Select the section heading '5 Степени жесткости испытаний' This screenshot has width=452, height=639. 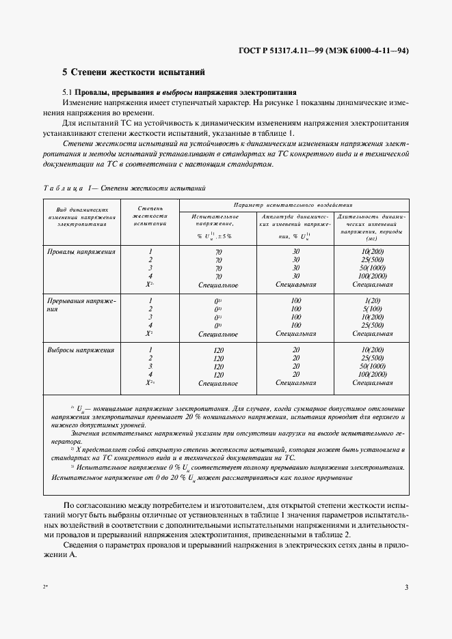[133, 72]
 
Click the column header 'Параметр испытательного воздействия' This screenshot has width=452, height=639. [293, 204]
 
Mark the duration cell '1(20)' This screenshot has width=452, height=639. [372, 301]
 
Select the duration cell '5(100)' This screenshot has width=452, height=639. [372, 309]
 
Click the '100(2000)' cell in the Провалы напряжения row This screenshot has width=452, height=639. [372, 276]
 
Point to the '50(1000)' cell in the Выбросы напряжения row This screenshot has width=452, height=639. [372, 367]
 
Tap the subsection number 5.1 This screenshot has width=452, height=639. [67, 92]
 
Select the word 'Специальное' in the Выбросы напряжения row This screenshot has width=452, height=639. [218, 384]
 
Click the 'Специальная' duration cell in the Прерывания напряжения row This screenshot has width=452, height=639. [372, 334]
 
